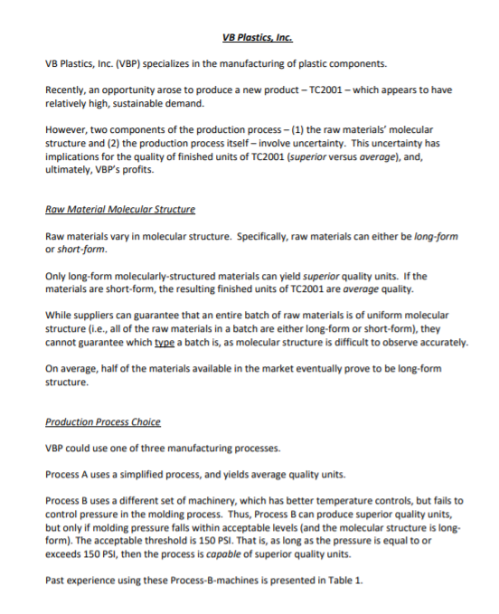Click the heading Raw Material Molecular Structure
coord(119,209)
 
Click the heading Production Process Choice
coord(102,421)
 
